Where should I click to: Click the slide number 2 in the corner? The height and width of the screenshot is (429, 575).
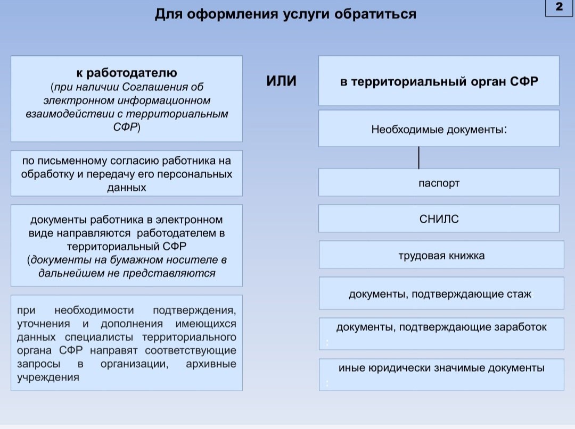tap(559, 7)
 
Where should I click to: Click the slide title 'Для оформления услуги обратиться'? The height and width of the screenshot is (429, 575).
tap(285, 14)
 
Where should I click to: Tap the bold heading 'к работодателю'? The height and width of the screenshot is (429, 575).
tap(126, 73)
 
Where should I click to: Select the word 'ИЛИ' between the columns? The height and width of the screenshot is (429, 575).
tap(281, 81)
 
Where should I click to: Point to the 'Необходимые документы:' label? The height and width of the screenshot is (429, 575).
tap(439, 129)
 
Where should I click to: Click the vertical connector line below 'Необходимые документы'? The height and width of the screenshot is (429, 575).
tap(419, 157)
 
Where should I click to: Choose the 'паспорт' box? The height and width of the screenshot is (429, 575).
tap(439, 183)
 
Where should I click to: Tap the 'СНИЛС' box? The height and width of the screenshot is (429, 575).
tap(439, 219)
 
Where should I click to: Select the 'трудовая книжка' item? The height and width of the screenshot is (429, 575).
tap(441, 255)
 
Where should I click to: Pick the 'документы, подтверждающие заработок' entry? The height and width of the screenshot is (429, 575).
tap(441, 327)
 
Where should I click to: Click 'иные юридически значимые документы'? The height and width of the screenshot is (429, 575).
tap(441, 367)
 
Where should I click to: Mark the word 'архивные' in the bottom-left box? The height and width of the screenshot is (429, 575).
tap(211, 364)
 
